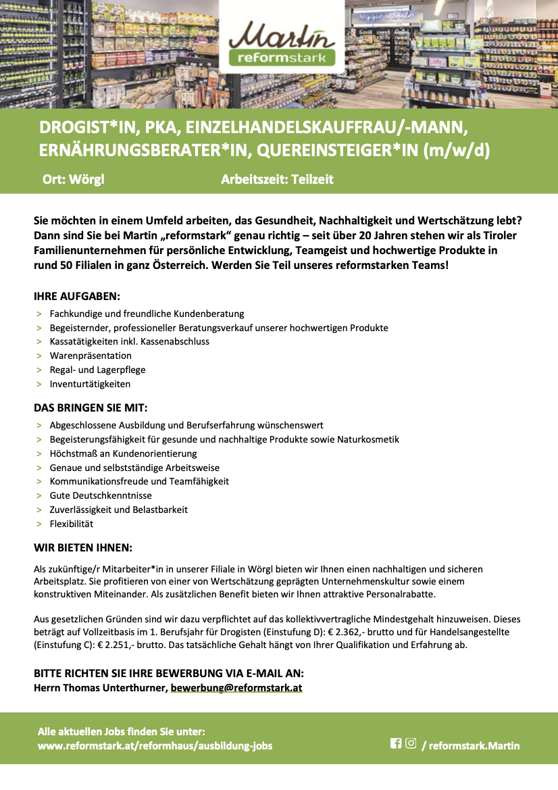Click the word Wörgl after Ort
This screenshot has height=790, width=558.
coord(86,179)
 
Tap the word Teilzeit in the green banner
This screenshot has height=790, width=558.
coord(311,179)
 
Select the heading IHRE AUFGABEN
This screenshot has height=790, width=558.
coord(77,297)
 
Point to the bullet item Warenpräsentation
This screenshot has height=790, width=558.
coord(91,355)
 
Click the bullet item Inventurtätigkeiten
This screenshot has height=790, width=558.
coord(90,384)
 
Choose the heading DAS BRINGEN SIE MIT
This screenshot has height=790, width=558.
coord(91,408)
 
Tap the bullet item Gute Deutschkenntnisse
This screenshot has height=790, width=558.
coord(91,495)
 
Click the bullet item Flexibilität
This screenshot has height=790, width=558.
coord(72,524)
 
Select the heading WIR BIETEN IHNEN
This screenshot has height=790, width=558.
coord(83,547)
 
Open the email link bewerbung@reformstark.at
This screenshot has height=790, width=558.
coord(236,688)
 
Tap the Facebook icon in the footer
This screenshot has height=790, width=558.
coord(396,743)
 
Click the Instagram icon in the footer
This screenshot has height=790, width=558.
coord(411,743)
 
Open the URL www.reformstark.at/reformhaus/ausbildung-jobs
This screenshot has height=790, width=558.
coord(155,746)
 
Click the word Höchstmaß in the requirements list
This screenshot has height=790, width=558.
coord(73,453)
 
